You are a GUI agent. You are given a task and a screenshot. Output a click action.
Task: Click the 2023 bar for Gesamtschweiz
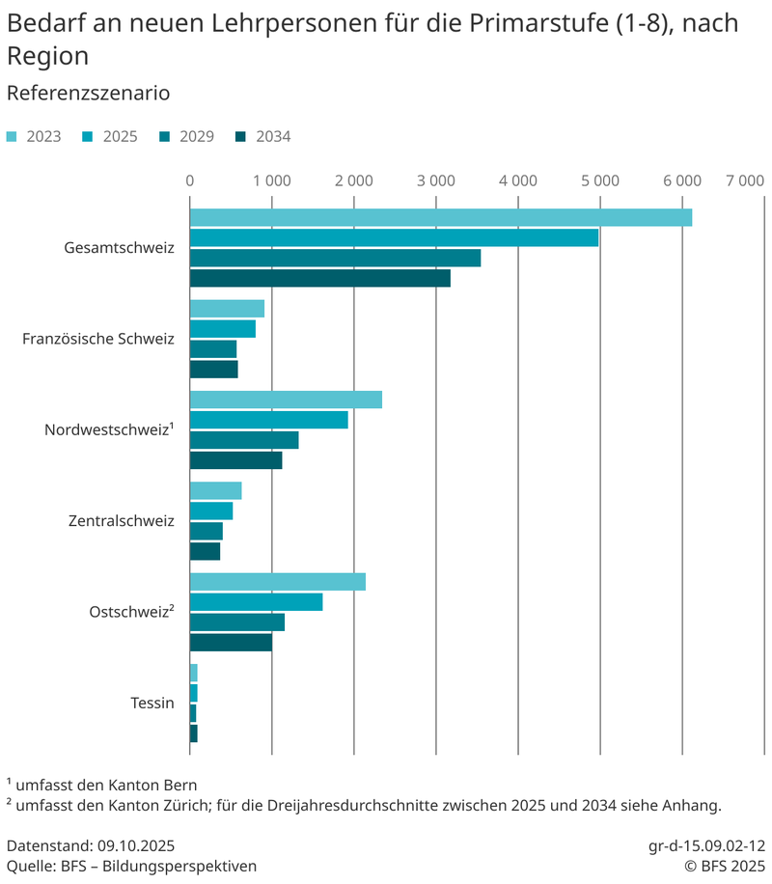point(440,218)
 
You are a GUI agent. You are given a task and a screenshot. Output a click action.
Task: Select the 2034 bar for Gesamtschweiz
point(319,279)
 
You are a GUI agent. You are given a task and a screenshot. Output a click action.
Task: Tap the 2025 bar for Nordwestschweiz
point(268,420)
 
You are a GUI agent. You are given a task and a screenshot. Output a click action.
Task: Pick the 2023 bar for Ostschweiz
point(277,582)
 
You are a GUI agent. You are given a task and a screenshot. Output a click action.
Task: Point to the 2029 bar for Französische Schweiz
point(212,349)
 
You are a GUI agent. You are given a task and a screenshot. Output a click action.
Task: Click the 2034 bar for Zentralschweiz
point(205,551)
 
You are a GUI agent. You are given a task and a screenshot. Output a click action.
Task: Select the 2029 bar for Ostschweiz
point(236,622)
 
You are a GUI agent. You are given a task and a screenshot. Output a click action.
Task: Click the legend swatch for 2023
point(12,137)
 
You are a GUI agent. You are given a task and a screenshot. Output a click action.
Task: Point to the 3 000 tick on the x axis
point(436,180)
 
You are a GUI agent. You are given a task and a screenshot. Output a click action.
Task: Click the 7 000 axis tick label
point(744,180)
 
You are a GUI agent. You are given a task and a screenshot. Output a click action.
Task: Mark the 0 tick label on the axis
point(190,180)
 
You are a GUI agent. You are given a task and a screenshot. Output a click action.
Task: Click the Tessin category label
point(152,703)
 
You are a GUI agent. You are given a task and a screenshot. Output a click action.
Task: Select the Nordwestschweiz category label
point(108,430)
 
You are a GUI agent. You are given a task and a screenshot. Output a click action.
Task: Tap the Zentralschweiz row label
point(121,521)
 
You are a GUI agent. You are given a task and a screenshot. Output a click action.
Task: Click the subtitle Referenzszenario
point(88,94)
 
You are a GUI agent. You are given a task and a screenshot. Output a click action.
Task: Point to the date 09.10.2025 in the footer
point(136,844)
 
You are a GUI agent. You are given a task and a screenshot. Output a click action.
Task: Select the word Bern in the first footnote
point(179,784)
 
